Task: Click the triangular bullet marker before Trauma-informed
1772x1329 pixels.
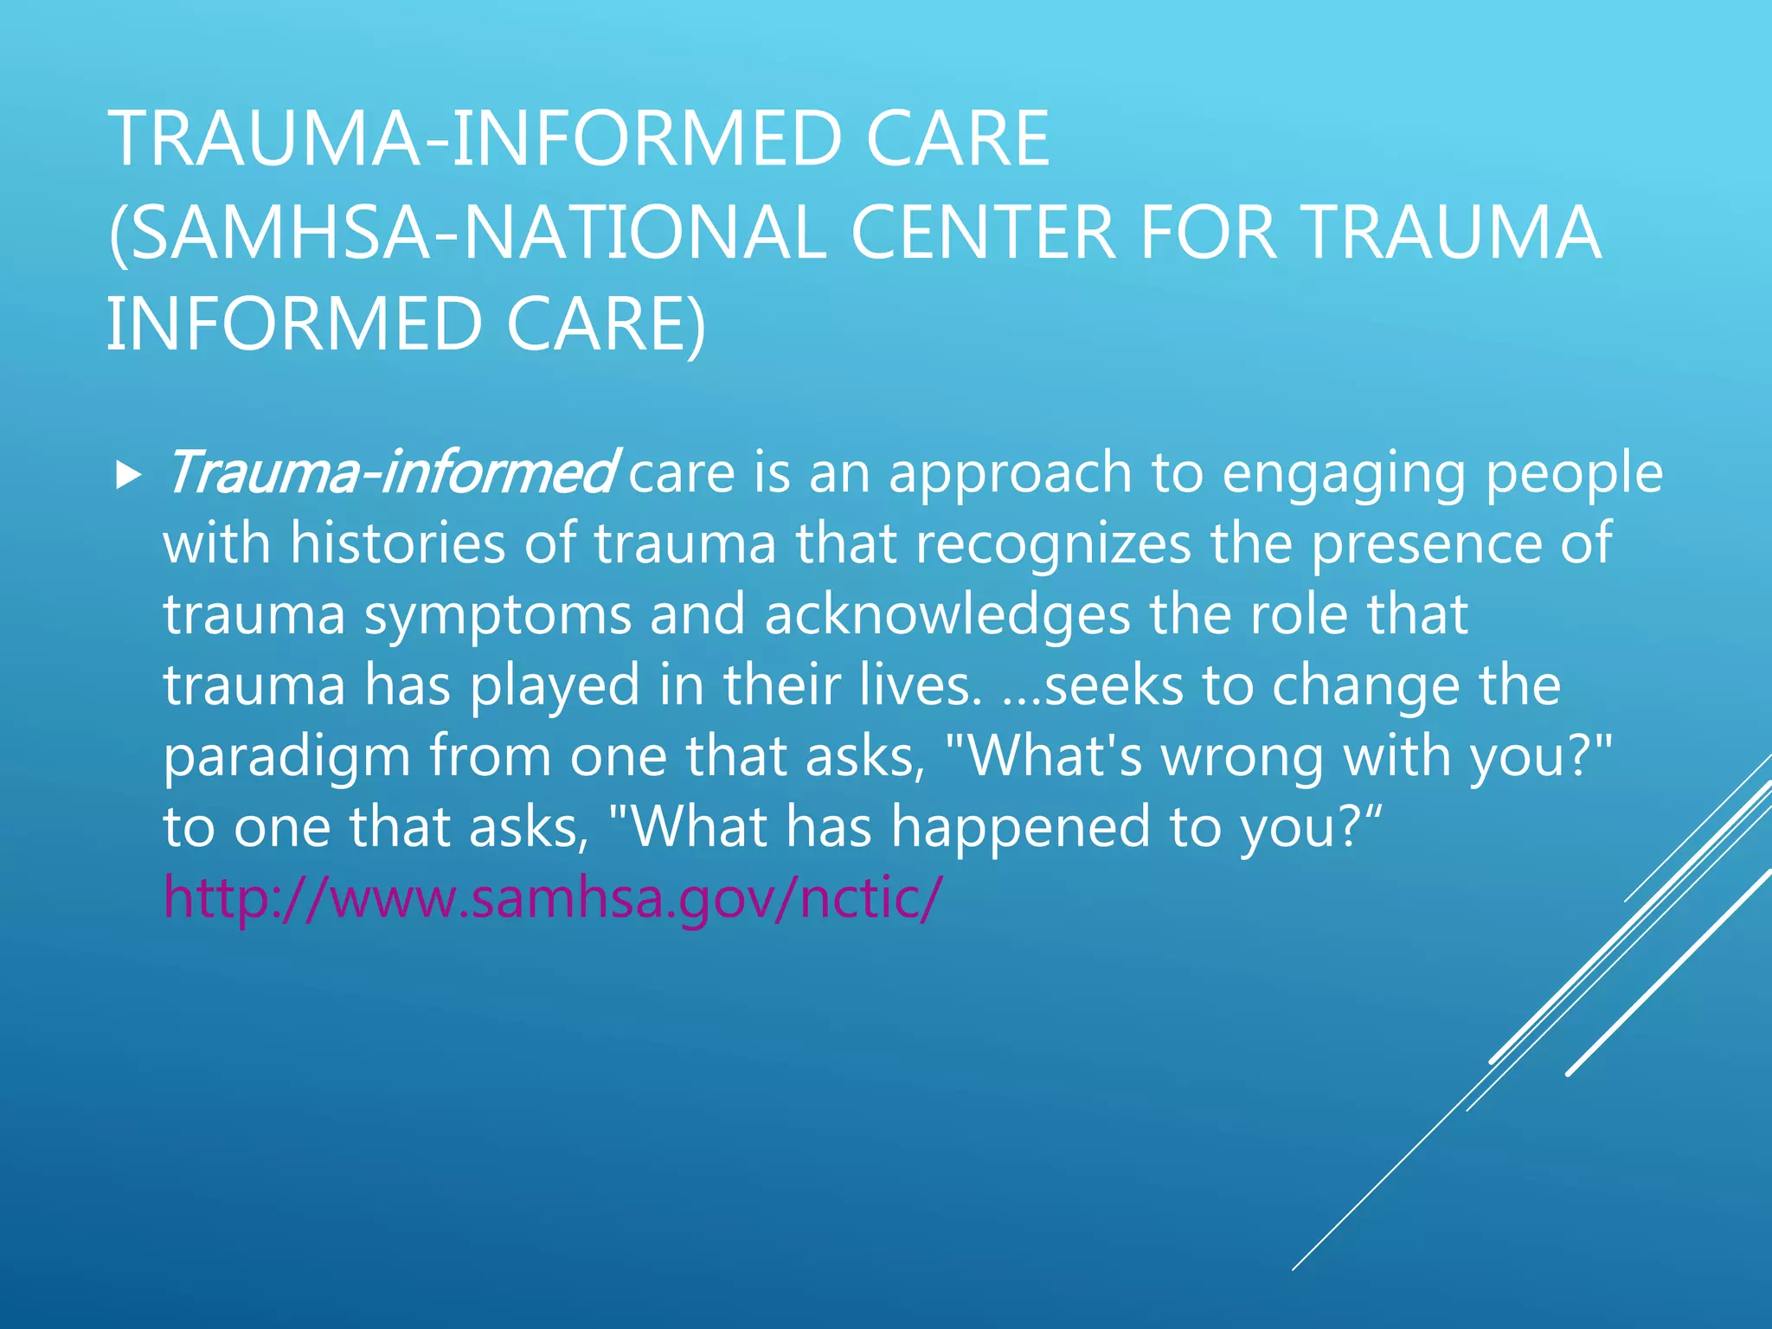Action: [x=128, y=474]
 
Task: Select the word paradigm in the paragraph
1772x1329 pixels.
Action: [x=286, y=757]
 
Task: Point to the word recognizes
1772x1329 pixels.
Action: [x=1053, y=543]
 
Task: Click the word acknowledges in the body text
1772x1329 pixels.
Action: [x=947, y=614]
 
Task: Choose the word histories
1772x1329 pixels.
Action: [x=397, y=543]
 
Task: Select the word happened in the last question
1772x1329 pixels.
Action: [x=1021, y=828]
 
